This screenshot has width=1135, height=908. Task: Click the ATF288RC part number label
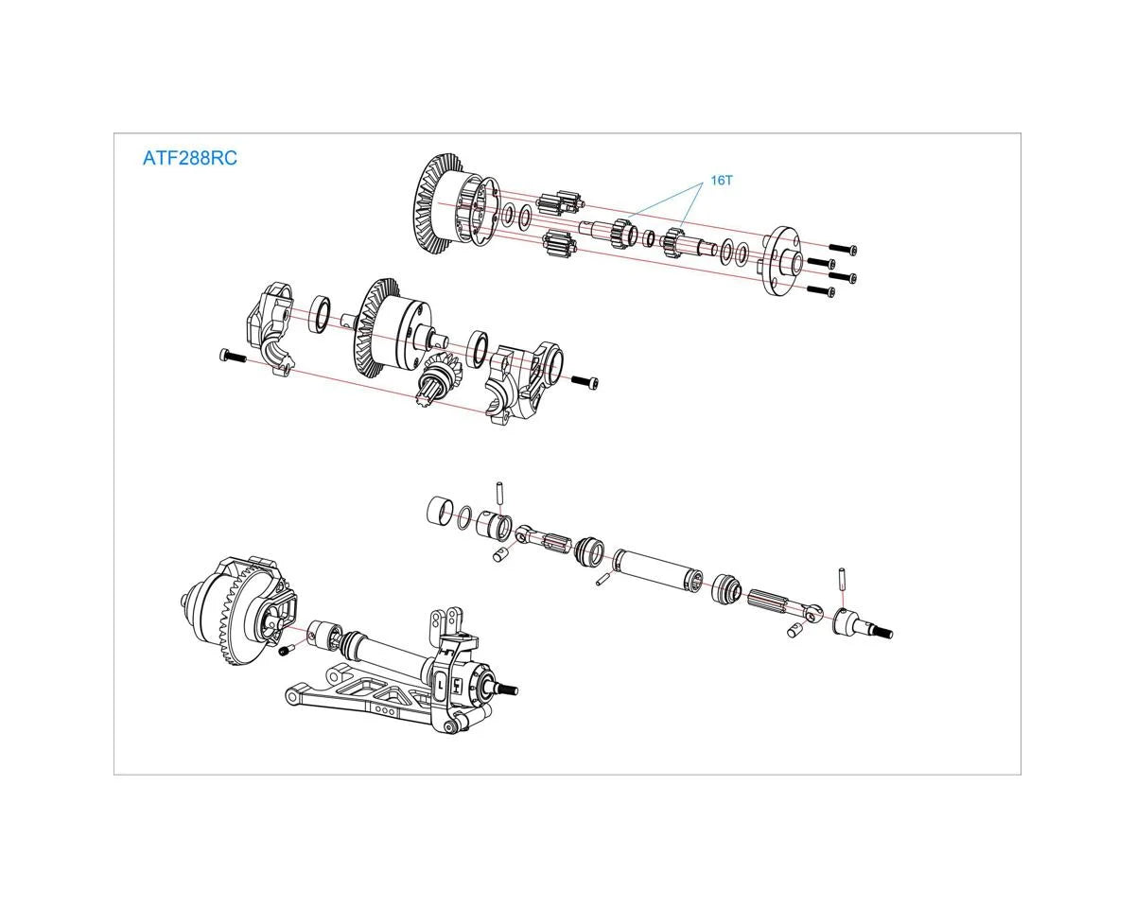tap(189, 158)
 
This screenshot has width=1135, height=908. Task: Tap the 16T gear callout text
tap(722, 180)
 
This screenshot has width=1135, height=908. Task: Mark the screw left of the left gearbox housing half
tap(232, 357)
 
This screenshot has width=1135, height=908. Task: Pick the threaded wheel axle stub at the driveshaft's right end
tap(863, 626)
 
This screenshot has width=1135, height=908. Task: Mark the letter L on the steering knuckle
tap(441, 679)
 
